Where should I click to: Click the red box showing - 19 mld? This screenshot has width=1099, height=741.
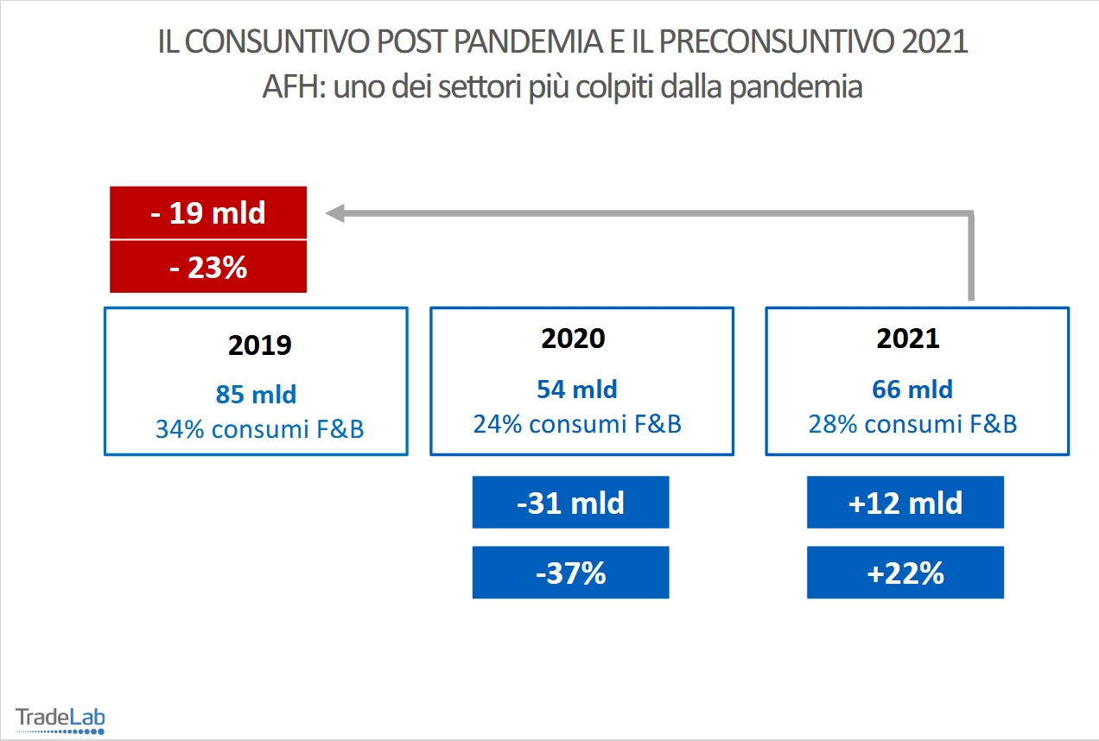point(207,212)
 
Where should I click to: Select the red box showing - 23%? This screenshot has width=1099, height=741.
point(207,267)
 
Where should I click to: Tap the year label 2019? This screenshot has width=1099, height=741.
point(260,345)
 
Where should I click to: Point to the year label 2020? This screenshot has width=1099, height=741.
point(574,339)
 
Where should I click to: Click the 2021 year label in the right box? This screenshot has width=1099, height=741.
point(908,339)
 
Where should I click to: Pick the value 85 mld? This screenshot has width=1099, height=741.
point(256,395)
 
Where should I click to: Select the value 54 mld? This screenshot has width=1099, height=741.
point(577,389)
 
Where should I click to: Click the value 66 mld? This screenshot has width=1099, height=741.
point(912,389)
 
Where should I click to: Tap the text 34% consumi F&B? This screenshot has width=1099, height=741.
point(260,428)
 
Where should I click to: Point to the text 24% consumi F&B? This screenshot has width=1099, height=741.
point(577,424)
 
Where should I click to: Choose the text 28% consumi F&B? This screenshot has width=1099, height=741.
point(912,424)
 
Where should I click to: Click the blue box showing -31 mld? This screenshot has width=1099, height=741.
point(570,503)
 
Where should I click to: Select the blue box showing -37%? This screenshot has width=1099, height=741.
point(570,573)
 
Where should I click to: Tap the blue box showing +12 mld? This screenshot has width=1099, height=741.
point(905,503)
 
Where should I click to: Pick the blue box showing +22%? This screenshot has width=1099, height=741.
point(905,573)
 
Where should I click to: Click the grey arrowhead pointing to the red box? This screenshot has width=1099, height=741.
point(335,213)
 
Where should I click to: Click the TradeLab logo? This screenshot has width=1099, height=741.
point(60,719)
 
